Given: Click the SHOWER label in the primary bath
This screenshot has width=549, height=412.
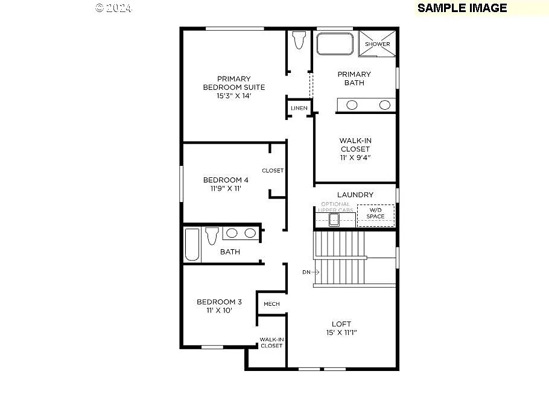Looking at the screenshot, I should click(x=377, y=44).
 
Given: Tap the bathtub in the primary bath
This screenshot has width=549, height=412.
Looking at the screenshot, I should click(x=335, y=44).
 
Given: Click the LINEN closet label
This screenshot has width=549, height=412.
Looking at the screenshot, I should click(x=299, y=109).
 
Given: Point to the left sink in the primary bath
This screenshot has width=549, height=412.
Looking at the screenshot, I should click(x=352, y=105).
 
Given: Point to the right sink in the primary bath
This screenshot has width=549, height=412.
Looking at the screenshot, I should click(x=384, y=105).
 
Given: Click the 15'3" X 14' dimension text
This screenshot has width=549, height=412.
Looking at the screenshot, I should click(x=233, y=96).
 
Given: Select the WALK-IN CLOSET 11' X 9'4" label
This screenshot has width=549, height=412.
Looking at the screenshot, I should click(x=355, y=149).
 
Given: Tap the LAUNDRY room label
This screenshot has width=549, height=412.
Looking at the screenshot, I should click(x=355, y=195).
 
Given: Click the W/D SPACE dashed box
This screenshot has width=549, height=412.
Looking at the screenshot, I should click(x=375, y=215).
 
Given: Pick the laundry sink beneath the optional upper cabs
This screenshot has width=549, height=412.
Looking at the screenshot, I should click(x=334, y=219).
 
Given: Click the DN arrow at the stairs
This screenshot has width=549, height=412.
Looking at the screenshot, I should click(x=311, y=272).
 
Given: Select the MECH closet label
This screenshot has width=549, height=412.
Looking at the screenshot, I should click(x=271, y=304).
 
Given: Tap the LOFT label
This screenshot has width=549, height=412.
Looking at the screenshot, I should click(x=341, y=324).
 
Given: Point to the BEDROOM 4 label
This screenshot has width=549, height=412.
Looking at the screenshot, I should click(x=226, y=180).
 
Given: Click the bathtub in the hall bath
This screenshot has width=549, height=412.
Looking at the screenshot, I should click(x=192, y=244).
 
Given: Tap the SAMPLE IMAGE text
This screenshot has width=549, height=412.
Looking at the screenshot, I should click(x=462, y=8).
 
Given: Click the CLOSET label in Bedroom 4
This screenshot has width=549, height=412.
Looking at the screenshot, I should click(x=273, y=171).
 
